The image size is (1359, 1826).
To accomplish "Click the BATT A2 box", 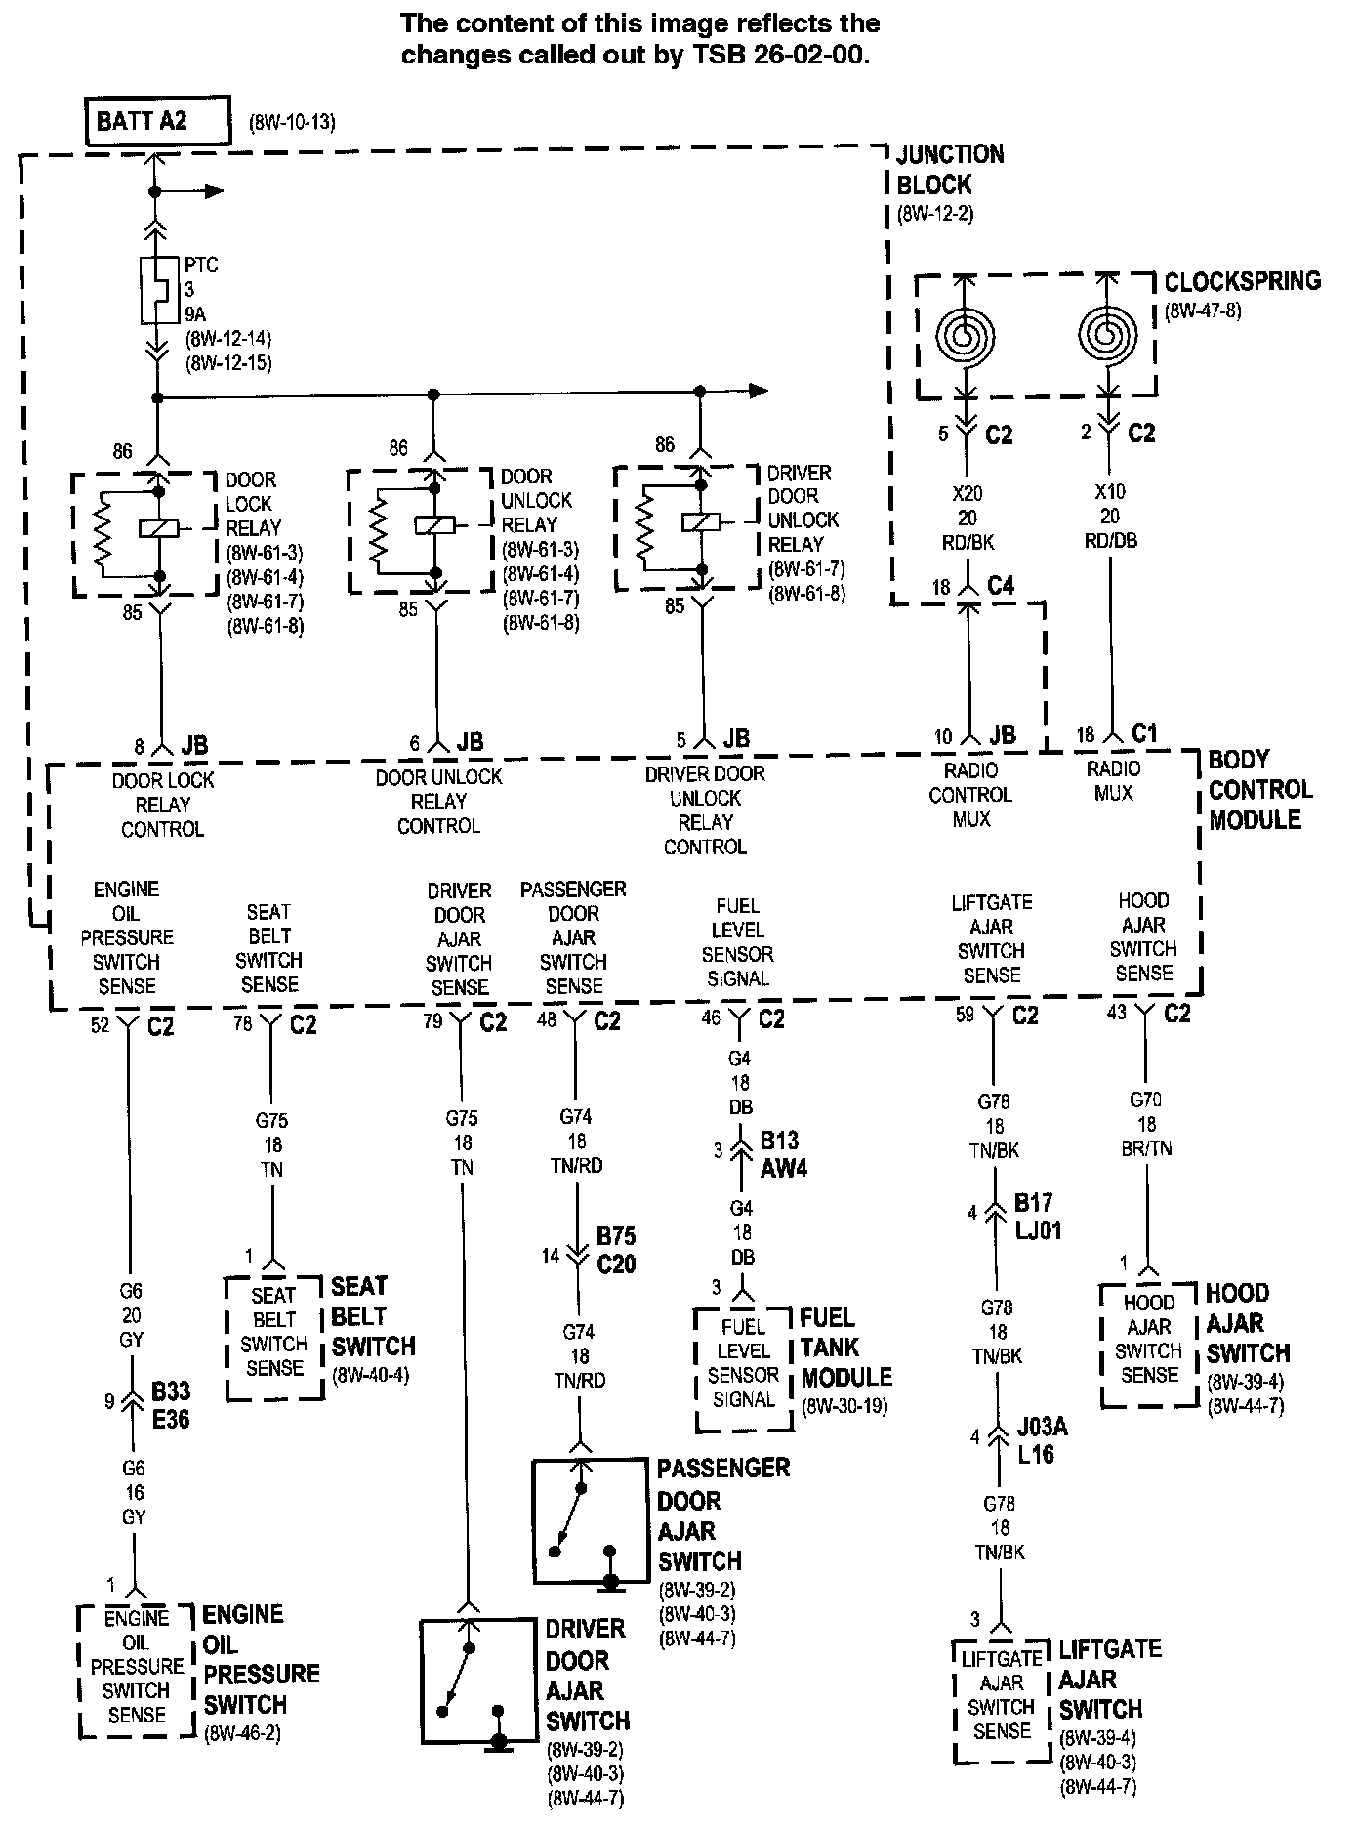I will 158,121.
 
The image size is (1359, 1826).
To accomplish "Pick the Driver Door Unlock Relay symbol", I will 687,527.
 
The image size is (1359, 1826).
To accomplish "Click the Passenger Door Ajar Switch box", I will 590,1520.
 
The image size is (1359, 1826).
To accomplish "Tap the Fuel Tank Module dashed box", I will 743,1369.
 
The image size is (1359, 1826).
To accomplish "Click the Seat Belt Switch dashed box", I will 274,1337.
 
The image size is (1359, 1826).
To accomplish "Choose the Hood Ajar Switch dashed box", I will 1149,1344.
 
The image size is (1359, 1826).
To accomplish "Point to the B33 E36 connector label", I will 170,1405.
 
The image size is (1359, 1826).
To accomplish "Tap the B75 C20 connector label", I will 616,1250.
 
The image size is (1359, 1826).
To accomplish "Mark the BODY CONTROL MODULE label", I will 1260,789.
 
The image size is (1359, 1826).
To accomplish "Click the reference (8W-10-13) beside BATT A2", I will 292,123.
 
